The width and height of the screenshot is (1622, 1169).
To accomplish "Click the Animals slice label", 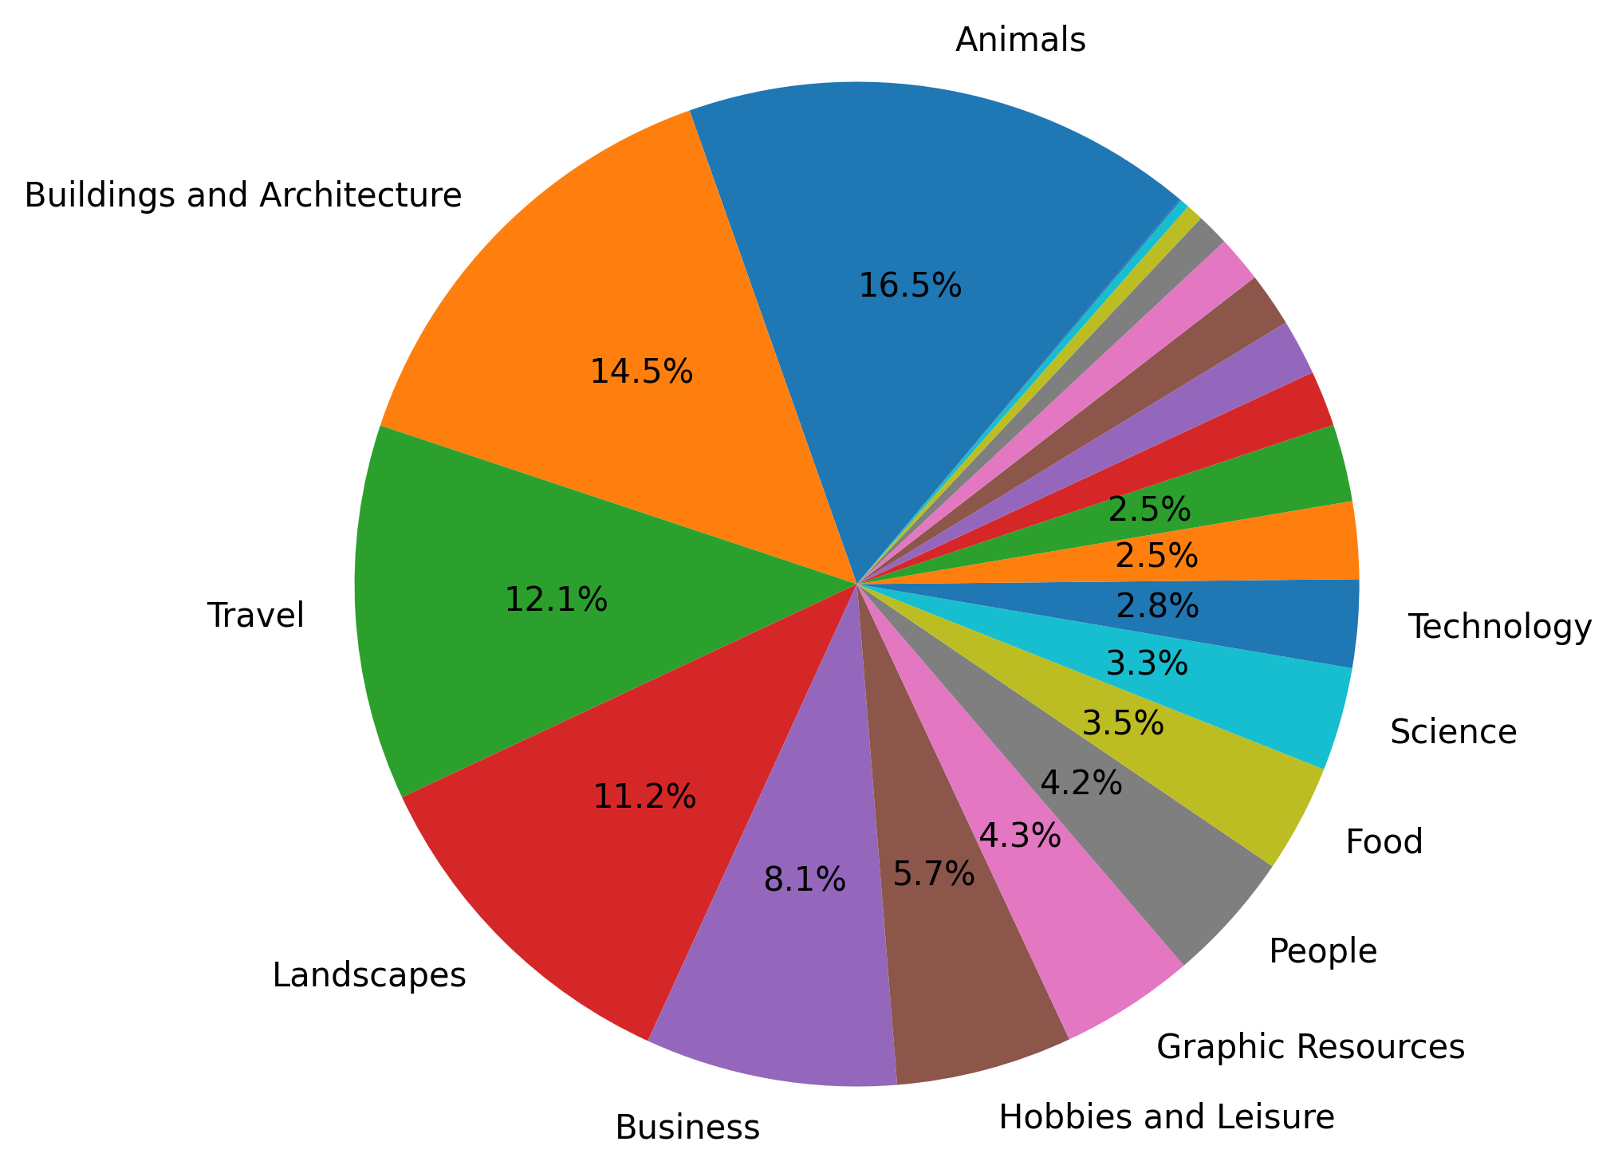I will pyautogui.click(x=1020, y=40).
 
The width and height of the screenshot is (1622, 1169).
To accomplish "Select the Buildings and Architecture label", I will pyautogui.click(x=243, y=195).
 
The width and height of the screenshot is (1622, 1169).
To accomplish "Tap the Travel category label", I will pyautogui.click(x=256, y=616).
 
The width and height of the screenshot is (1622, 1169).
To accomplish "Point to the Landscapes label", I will pyautogui.click(x=369, y=975).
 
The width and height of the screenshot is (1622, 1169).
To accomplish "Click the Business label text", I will pyautogui.click(x=687, y=1128).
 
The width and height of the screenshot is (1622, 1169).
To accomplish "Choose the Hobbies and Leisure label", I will pyautogui.click(x=1166, y=1117).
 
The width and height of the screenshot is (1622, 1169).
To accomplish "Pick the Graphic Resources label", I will pyautogui.click(x=1310, y=1046).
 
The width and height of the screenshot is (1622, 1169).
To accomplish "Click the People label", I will pyautogui.click(x=1323, y=951).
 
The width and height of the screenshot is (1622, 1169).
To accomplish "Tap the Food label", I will pyautogui.click(x=1384, y=842).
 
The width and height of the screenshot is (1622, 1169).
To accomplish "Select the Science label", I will pyautogui.click(x=1453, y=731).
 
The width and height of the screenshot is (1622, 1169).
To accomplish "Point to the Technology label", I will pyautogui.click(x=1499, y=628).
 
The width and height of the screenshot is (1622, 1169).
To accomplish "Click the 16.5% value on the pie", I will pyautogui.click(x=910, y=285).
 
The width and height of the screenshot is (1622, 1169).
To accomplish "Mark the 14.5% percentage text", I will pyautogui.click(x=641, y=372).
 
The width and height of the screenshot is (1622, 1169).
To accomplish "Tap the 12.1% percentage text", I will pyautogui.click(x=556, y=600).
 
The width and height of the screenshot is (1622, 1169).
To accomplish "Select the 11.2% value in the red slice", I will pyautogui.click(x=644, y=797).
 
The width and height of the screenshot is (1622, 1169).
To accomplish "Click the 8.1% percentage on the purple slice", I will pyautogui.click(x=804, y=880).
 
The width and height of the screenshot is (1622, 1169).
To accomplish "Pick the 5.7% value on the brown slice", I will pyautogui.click(x=933, y=875).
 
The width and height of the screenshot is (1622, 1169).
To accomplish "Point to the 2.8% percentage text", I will pyautogui.click(x=1157, y=608).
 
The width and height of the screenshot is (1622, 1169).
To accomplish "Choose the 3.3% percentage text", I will pyautogui.click(x=1147, y=663).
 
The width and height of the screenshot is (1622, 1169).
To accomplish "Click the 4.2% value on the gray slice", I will pyautogui.click(x=1081, y=783).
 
